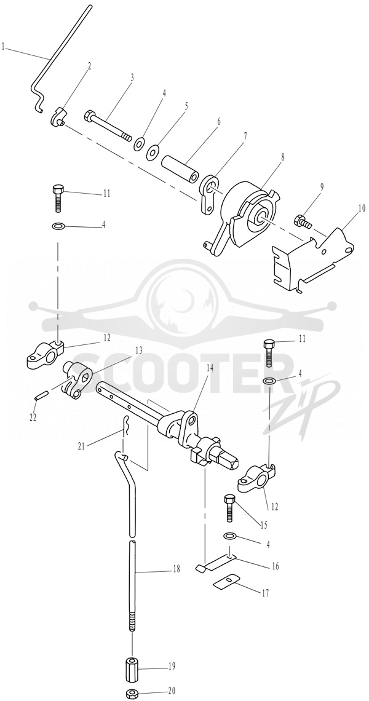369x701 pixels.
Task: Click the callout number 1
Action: (x=4, y=47)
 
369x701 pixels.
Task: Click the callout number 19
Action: (x=172, y=667)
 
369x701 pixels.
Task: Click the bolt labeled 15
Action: (x=229, y=508)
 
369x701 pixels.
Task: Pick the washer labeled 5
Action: (x=153, y=152)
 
